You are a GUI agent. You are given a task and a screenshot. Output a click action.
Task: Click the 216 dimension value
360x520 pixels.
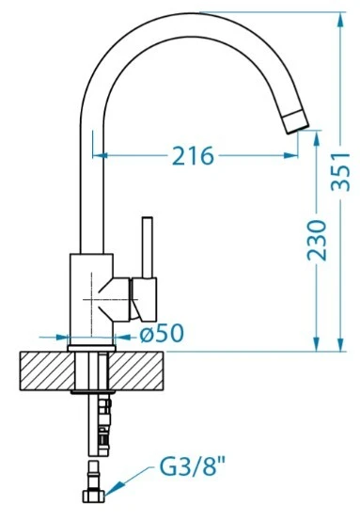(x=194, y=155)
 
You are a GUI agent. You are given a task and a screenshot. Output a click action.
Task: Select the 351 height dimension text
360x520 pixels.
(x=340, y=172)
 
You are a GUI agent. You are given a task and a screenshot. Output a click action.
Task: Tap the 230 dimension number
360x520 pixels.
(x=317, y=240)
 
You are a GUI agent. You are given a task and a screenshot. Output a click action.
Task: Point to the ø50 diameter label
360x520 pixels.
(x=162, y=333)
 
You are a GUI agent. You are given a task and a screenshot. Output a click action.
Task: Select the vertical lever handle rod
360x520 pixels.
(x=148, y=247)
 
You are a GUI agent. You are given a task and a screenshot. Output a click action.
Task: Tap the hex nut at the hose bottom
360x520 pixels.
(x=93, y=496)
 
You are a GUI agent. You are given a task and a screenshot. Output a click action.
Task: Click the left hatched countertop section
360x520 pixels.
(x=47, y=370)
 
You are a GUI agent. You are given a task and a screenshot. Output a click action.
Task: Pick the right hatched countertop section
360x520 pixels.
(x=136, y=370)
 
